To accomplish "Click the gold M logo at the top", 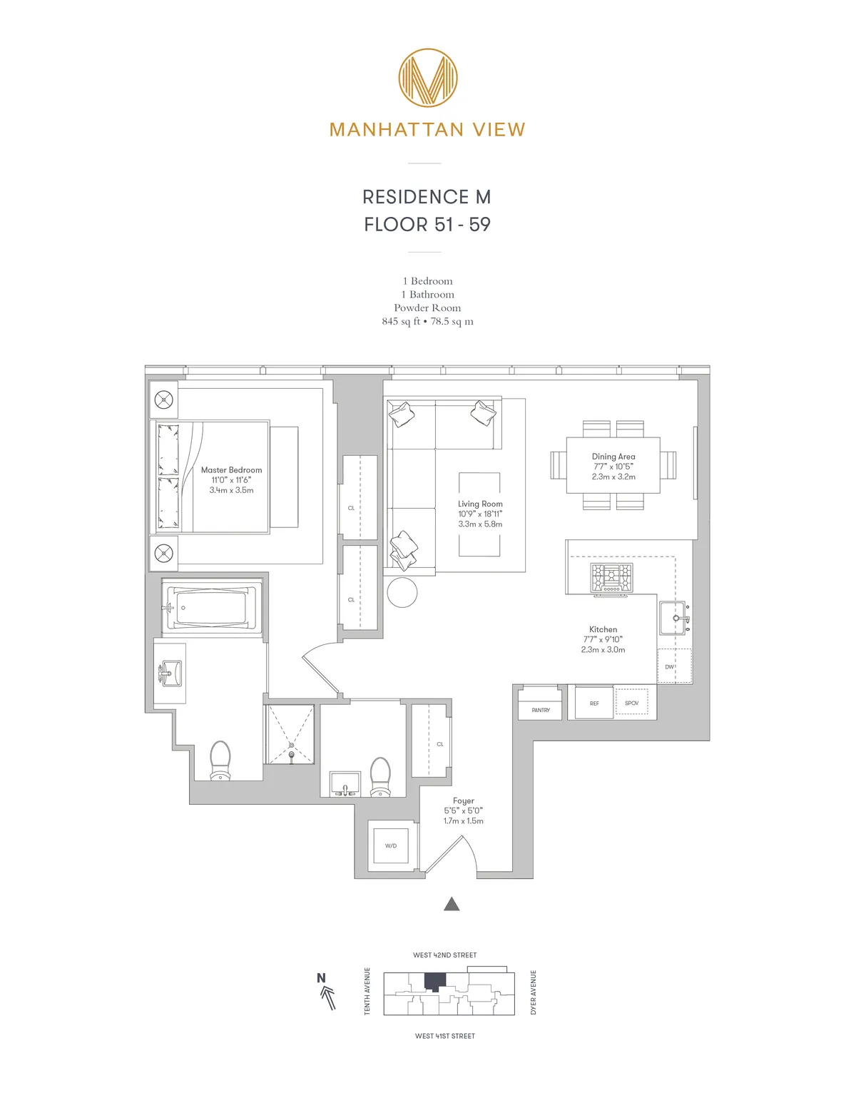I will pyautogui.click(x=427, y=78).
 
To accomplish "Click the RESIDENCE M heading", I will pyautogui.click(x=427, y=197).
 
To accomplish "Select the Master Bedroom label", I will pyautogui.click(x=231, y=470).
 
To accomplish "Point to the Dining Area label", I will pyautogui.click(x=613, y=457).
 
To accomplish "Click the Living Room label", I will pyautogui.click(x=480, y=504).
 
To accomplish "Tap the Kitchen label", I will pyautogui.click(x=603, y=629).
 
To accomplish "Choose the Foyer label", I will pyautogui.click(x=463, y=801).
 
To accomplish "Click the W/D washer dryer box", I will pyautogui.click(x=390, y=845).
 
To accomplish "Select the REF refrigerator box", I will pyautogui.click(x=594, y=703).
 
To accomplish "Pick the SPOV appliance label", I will pyautogui.click(x=631, y=703).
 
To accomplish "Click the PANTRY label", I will pyautogui.click(x=541, y=711).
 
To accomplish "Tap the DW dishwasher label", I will pyautogui.click(x=669, y=667).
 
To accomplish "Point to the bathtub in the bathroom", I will pyautogui.click(x=211, y=609).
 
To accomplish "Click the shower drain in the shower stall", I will pyautogui.click(x=291, y=746).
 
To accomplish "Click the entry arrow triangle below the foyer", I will pyautogui.click(x=451, y=905).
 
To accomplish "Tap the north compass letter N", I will pyautogui.click(x=321, y=978).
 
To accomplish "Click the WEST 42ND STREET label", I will pyautogui.click(x=444, y=955).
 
